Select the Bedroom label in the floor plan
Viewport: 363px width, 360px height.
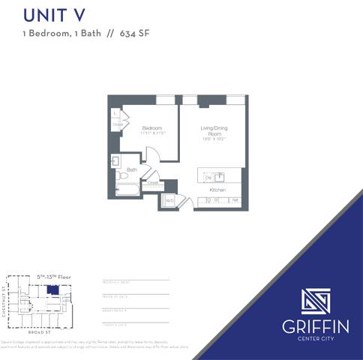point(152,128)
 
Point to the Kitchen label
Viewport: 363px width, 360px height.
point(217,190)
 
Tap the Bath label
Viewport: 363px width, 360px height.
point(131,170)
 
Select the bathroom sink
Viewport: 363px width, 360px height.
point(116,160)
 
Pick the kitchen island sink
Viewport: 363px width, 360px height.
point(220,177)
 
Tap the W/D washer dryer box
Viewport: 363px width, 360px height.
point(169,201)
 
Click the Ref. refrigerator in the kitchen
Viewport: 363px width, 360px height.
point(235,201)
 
